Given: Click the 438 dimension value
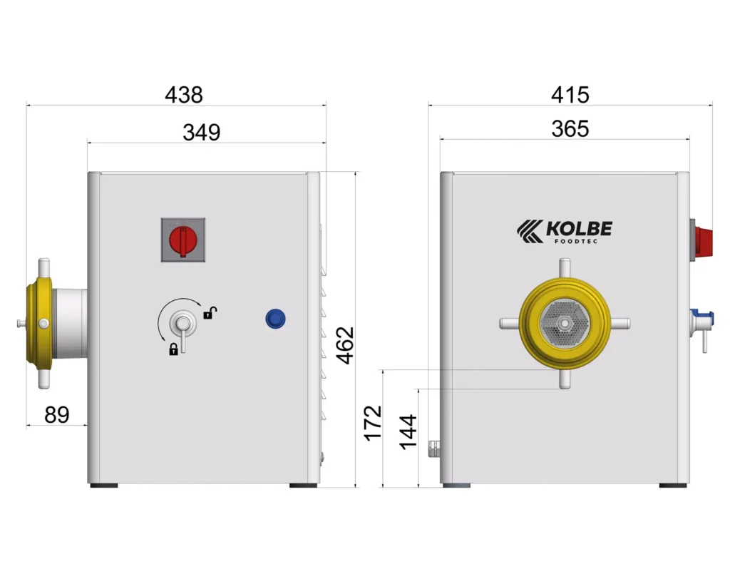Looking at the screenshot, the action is point(184,95).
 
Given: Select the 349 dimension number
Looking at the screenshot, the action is point(201,132).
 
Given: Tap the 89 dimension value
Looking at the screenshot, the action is point(57,414).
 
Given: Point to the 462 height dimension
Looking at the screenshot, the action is point(346,345).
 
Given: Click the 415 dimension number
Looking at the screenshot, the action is point(570,95).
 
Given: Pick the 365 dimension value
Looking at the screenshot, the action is point(570,128).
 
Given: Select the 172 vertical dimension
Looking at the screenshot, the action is point(372,423).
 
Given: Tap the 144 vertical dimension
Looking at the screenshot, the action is point(408,431).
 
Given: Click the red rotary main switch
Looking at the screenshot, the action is point(183,240).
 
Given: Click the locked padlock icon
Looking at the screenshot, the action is point(173,349).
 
